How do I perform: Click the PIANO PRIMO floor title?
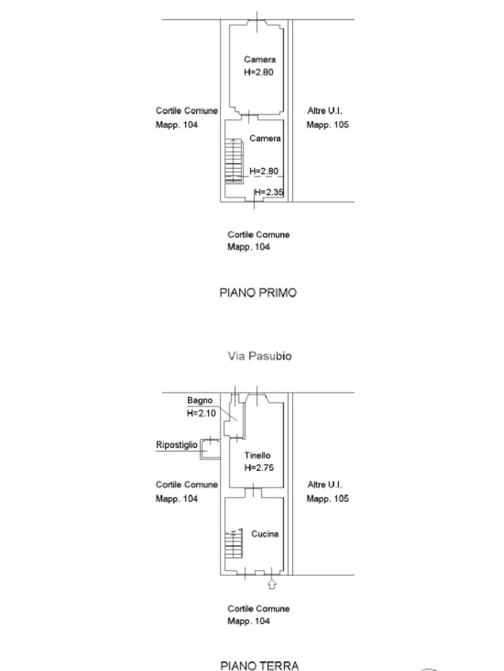point(257,293)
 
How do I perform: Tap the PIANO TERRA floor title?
point(259,666)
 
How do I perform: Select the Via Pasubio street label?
point(260,356)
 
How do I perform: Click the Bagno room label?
point(199,400)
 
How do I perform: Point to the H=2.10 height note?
point(201,413)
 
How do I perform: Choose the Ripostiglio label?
point(177,445)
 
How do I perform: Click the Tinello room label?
point(257,455)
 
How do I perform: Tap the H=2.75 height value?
point(259,468)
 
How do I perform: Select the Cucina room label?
point(264,534)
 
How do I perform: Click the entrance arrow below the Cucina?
point(272,583)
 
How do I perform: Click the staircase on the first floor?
point(234,160)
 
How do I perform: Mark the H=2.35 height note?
point(269,192)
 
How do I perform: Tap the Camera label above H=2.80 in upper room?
point(260,60)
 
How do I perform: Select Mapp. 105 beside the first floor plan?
point(327,125)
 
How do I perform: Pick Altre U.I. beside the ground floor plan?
point(325,485)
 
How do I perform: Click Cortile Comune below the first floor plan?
point(259,235)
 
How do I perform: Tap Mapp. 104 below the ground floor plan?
point(249,621)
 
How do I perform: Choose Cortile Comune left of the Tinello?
point(186,485)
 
